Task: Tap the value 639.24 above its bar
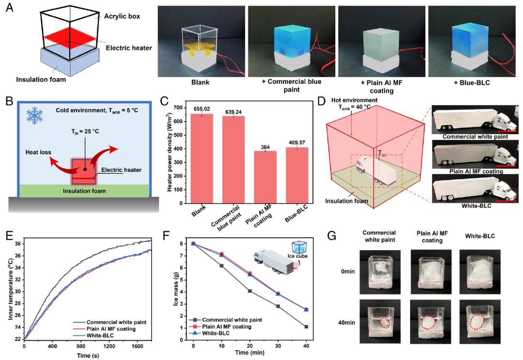(x=233, y=111)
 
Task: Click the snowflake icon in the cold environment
(x=35, y=112)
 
